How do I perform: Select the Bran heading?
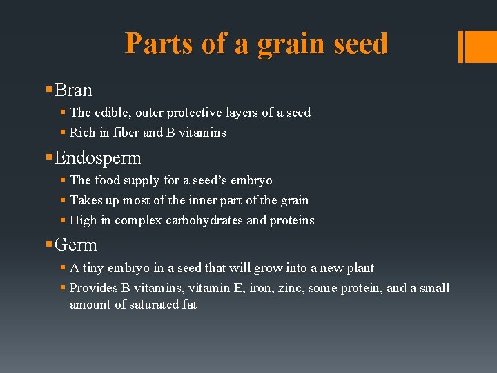coord(73,90)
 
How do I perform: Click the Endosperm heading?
coord(97,158)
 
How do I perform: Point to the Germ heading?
coord(75,245)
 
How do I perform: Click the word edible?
coord(113,112)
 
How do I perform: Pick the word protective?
coord(199,112)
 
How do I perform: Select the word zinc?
coord(290,288)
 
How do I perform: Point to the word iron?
coord(259,288)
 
